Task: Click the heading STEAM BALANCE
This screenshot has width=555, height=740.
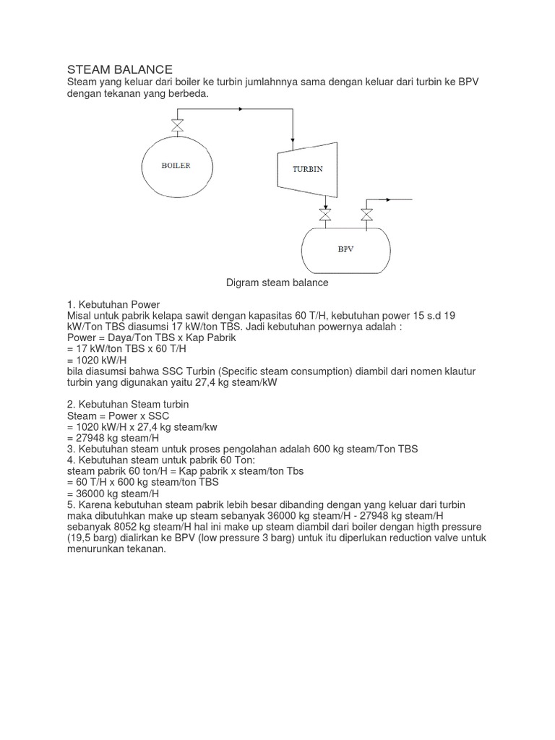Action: [x=119, y=69]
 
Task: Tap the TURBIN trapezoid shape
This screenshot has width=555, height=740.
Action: [x=308, y=169]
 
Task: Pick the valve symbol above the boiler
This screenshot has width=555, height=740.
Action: [x=176, y=124]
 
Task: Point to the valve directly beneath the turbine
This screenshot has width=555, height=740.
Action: [x=326, y=214]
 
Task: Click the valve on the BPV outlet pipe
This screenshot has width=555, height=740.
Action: [x=366, y=214]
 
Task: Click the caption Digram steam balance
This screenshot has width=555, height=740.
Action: [x=277, y=283]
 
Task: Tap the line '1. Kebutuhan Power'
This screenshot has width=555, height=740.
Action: [x=113, y=304]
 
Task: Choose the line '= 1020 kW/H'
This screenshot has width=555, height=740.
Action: [x=97, y=360]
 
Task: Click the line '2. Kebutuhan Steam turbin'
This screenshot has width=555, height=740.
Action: [x=128, y=404]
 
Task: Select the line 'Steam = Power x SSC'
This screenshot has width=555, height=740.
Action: [x=112, y=416]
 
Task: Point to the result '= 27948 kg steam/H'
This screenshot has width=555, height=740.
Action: [x=113, y=438]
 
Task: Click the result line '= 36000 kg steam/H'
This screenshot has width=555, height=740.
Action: [x=113, y=494]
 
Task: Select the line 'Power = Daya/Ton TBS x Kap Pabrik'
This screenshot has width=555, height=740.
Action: [x=151, y=337]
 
